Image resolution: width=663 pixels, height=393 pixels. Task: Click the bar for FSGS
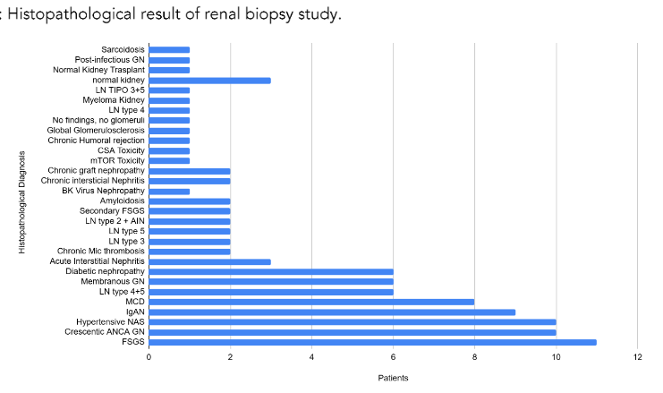click(x=372, y=342)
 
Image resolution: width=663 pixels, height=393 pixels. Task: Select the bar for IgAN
click(x=331, y=312)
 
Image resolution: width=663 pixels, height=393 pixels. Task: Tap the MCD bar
click(x=311, y=302)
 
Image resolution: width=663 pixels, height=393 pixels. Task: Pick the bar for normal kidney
click(x=209, y=80)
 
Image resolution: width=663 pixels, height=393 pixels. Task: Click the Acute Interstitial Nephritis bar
click(x=209, y=261)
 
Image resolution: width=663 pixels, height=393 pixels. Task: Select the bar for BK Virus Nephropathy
click(x=169, y=191)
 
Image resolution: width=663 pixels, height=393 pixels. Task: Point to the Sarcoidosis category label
click(x=123, y=49)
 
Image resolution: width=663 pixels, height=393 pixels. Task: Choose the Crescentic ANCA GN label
click(x=104, y=332)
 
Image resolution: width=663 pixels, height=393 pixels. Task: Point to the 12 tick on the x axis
click(x=637, y=357)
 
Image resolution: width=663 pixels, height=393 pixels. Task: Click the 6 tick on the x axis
click(x=393, y=357)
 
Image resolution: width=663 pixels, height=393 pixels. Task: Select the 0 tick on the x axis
click(x=149, y=357)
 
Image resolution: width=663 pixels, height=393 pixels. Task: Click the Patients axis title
click(x=393, y=378)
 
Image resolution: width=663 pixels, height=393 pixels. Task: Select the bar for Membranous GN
click(x=270, y=281)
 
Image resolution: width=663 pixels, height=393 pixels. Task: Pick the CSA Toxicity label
click(x=120, y=150)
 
